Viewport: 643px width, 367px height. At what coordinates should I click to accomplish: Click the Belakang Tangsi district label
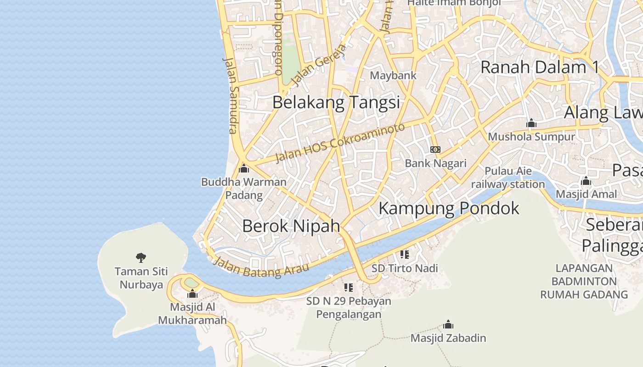coord(336,102)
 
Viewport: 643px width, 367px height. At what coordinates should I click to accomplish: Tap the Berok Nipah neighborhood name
coord(291,226)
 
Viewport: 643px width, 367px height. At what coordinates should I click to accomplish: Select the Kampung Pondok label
coord(448,208)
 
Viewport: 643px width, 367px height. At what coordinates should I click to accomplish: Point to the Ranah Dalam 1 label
coord(539,67)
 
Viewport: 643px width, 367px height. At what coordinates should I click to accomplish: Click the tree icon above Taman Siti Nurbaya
coord(141,258)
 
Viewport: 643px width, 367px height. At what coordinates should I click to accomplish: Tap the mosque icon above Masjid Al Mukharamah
coord(192,294)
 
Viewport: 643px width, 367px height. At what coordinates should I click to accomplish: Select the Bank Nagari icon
coord(435,150)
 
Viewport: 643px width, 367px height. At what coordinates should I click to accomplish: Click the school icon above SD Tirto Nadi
coord(404,254)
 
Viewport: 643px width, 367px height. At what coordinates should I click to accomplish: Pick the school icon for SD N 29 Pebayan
coord(349,288)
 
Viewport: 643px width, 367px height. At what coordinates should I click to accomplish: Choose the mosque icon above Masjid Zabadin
coord(448,325)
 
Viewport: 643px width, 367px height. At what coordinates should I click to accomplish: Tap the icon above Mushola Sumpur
coord(531,123)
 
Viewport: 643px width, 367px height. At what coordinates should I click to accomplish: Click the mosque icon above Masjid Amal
coord(586,181)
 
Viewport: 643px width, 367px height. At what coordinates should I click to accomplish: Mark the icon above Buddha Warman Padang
coord(244,168)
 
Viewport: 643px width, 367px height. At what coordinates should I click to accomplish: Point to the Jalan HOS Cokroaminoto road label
coord(340,143)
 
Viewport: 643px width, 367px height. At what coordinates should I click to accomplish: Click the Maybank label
coord(393,75)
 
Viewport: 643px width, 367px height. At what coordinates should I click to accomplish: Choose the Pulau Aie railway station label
coord(508,178)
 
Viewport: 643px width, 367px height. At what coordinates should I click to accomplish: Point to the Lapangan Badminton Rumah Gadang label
coord(584,281)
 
